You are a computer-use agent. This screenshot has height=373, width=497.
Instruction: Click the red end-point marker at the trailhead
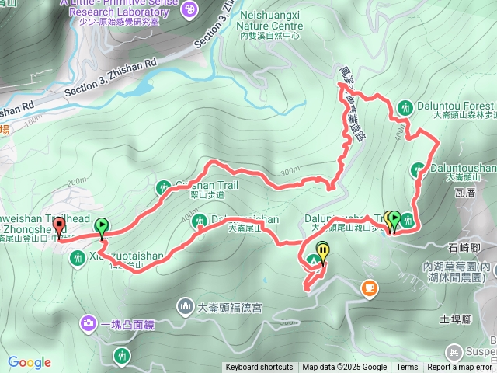point(60,227)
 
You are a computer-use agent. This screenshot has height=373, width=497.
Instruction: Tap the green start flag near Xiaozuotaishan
point(101,226)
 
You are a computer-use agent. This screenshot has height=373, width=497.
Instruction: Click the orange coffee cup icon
point(368,289)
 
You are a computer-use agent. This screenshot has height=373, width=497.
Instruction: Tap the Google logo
point(30,362)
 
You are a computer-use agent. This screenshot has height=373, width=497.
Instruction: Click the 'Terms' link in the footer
point(407,368)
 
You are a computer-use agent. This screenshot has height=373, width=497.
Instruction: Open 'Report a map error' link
point(461,368)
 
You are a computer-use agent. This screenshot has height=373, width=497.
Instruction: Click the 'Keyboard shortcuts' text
point(259,368)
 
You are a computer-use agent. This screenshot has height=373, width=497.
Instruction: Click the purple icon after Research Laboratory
point(189,9)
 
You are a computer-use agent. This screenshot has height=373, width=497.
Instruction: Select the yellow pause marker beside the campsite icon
point(322,250)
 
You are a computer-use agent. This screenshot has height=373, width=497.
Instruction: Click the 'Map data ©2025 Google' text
point(345,368)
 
